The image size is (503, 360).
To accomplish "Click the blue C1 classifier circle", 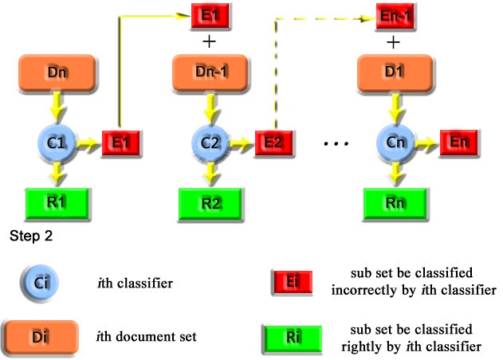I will [57, 143].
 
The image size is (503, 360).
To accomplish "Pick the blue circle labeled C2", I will [210, 144].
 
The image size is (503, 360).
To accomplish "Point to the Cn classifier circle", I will [392, 143].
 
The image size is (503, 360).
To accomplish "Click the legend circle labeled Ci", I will [41, 282].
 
